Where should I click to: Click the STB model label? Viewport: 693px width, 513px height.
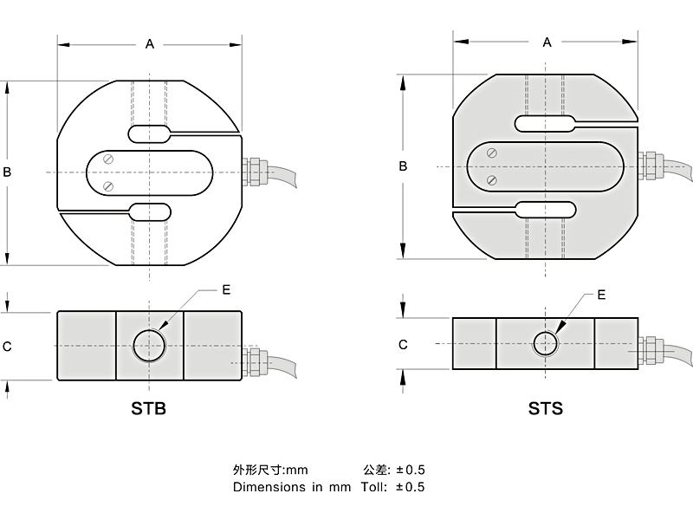[148, 407]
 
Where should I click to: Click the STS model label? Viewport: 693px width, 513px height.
[545, 407]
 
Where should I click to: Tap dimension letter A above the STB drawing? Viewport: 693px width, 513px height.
[150, 44]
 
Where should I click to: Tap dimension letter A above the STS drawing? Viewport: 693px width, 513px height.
[547, 42]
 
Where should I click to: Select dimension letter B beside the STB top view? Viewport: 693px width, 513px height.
[7, 172]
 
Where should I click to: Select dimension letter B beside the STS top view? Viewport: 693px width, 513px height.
[403, 166]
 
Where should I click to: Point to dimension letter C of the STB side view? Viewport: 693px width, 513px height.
[7, 346]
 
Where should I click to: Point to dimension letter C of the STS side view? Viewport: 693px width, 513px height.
[403, 344]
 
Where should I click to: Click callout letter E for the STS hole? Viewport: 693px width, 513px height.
[601, 295]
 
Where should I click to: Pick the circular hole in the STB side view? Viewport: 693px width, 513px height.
[149, 344]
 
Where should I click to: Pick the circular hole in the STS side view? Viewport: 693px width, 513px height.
[545, 344]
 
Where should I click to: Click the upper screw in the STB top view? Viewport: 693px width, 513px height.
[108, 159]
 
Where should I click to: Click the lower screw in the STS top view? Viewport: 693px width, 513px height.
[491, 180]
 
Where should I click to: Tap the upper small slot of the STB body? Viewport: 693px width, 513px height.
[150, 133]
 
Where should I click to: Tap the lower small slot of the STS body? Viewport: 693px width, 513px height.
[545, 209]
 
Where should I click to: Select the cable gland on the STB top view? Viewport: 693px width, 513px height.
[254, 170]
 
